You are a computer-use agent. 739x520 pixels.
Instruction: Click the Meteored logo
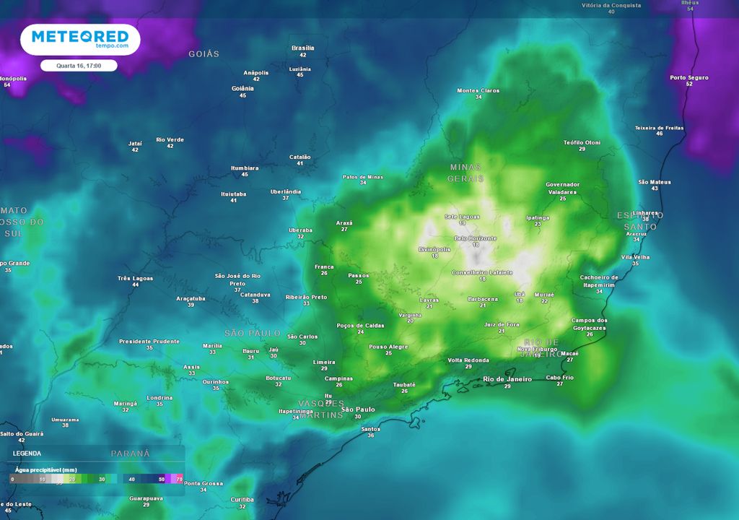point(79,39)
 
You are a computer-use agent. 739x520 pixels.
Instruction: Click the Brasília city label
point(303,48)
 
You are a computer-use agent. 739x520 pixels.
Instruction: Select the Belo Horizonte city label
point(476,238)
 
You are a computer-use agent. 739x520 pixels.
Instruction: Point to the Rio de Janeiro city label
point(507,379)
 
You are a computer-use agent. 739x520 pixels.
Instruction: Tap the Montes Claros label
point(478,90)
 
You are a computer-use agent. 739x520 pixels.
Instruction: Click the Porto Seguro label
point(689,77)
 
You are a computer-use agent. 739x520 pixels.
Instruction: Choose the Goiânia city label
point(243,88)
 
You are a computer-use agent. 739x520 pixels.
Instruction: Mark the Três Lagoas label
point(136,278)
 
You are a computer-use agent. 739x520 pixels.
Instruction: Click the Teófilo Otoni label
point(582,142)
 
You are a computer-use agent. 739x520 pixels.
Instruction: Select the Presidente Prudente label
point(149,341)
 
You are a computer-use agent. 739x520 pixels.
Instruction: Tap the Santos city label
point(370,429)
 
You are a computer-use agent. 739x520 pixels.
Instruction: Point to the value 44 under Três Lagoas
point(136,285)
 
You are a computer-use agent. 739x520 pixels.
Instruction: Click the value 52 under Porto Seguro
point(689,84)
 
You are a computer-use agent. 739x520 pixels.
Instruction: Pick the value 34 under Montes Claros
point(478,97)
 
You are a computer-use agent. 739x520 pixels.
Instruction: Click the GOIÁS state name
point(204,54)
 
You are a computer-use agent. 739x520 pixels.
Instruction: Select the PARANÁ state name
point(131,454)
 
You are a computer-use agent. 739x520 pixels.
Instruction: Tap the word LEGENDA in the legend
point(27,453)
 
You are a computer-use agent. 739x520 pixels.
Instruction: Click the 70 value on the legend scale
point(179,479)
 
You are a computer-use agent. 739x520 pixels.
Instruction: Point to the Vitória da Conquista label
point(611,5)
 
